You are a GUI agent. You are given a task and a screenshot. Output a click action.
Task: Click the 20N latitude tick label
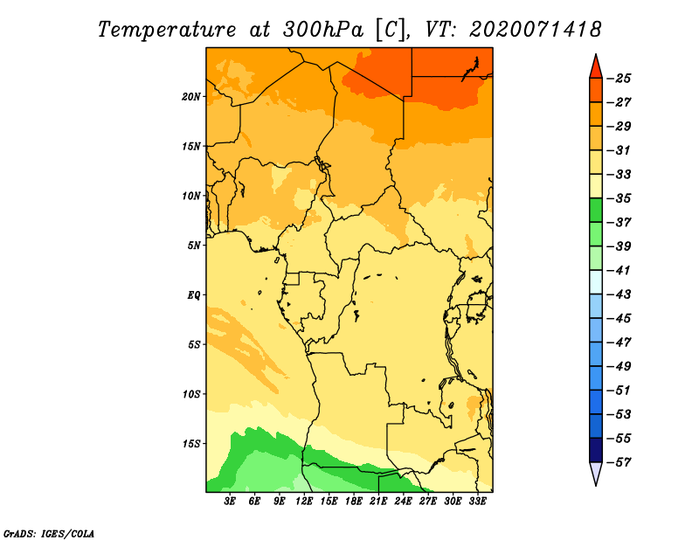(x=190, y=97)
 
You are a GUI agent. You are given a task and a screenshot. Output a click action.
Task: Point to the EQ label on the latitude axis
(x=193, y=295)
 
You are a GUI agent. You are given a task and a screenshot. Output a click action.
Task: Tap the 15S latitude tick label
(x=190, y=444)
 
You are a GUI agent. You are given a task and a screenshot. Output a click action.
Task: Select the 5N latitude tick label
(x=194, y=246)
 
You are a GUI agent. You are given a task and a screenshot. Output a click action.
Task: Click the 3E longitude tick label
(x=230, y=502)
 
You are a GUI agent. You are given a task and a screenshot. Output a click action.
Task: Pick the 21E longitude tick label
(x=378, y=502)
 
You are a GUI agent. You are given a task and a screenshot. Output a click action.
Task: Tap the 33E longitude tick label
(x=477, y=502)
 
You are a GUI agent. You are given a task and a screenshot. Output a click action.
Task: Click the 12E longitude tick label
(x=304, y=502)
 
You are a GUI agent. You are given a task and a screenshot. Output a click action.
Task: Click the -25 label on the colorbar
(x=619, y=79)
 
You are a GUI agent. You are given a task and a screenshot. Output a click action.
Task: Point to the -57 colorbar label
(x=619, y=462)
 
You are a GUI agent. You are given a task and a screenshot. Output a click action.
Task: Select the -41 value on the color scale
(x=619, y=271)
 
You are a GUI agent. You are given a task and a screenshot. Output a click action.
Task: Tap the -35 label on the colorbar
(x=619, y=198)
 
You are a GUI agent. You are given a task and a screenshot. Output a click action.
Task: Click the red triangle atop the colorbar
(x=596, y=68)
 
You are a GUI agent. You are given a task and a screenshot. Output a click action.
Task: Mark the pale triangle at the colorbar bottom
(x=596, y=472)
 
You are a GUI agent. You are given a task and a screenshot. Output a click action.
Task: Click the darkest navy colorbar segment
(x=596, y=450)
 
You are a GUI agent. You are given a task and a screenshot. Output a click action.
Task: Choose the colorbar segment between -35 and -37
(x=596, y=211)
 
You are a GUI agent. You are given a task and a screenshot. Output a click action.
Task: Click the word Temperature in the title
(x=167, y=31)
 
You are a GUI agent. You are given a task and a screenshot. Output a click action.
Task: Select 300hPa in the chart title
(x=322, y=31)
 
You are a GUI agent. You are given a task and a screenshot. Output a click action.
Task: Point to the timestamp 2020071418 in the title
(x=535, y=30)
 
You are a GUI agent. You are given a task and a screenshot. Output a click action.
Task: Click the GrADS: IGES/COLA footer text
(x=49, y=534)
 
